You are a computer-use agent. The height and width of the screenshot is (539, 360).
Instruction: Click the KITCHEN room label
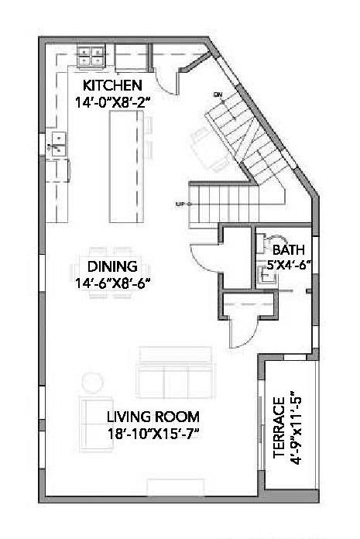[x=112, y=84]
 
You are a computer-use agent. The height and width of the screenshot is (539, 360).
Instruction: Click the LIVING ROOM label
[x=153, y=415]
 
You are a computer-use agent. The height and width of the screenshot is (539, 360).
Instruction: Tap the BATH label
[x=288, y=250]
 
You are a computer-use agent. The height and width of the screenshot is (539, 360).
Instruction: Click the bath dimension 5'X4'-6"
[x=289, y=264]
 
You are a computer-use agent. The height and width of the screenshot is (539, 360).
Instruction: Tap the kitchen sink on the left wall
[x=57, y=141]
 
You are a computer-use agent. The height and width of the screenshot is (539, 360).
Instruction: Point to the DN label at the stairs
[x=218, y=94]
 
